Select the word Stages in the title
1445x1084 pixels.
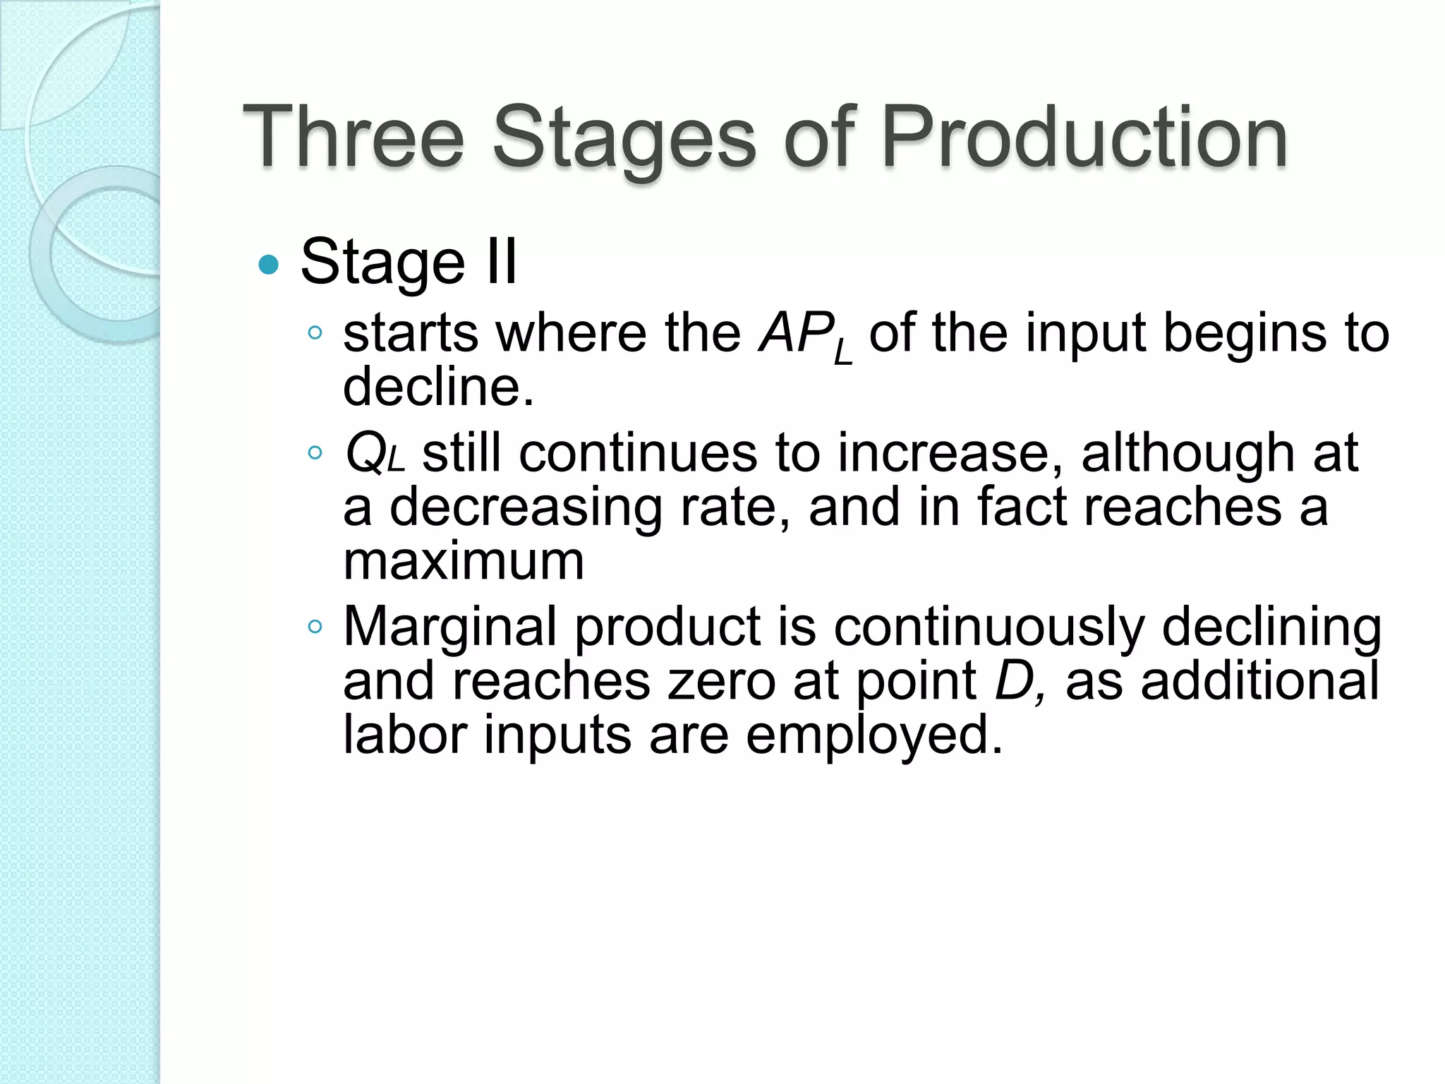coord(624,138)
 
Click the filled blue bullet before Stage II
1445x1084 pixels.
coord(269,265)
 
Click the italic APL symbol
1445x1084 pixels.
coord(805,335)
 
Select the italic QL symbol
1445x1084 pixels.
coord(375,454)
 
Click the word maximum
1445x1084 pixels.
coord(464,562)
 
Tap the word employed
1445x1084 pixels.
coord(874,735)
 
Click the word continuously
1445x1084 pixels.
coord(988,627)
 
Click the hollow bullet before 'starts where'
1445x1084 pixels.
coord(315,332)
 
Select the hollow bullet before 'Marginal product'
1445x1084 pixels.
coord(315,626)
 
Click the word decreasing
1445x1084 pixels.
coord(526,508)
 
